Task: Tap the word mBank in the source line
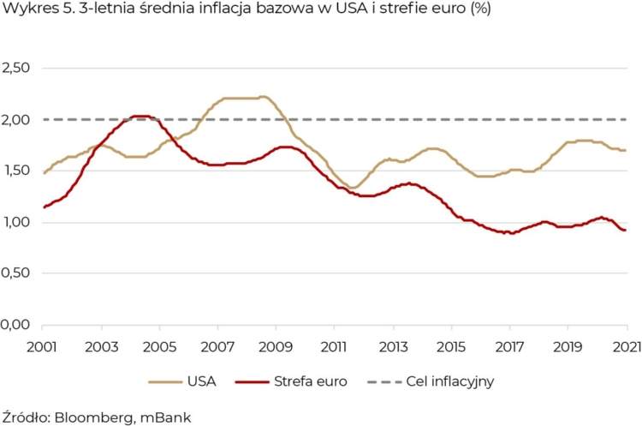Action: (166, 417)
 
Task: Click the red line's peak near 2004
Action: (141, 116)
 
